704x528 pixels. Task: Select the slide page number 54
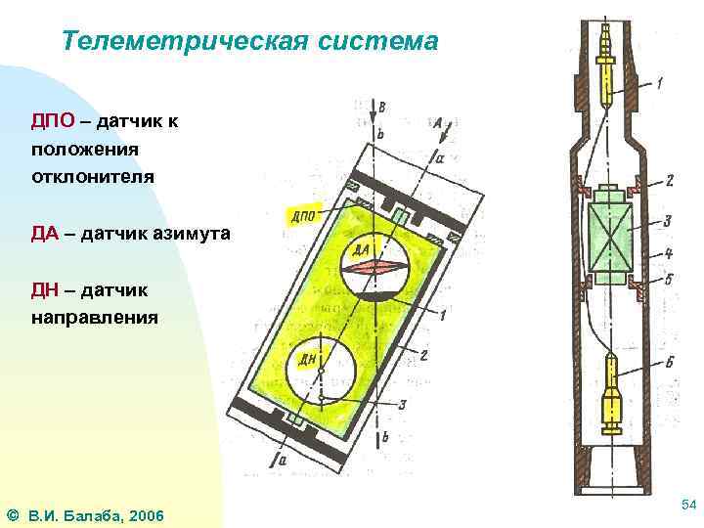tap(687, 503)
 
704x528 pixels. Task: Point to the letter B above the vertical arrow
tap(382, 107)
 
